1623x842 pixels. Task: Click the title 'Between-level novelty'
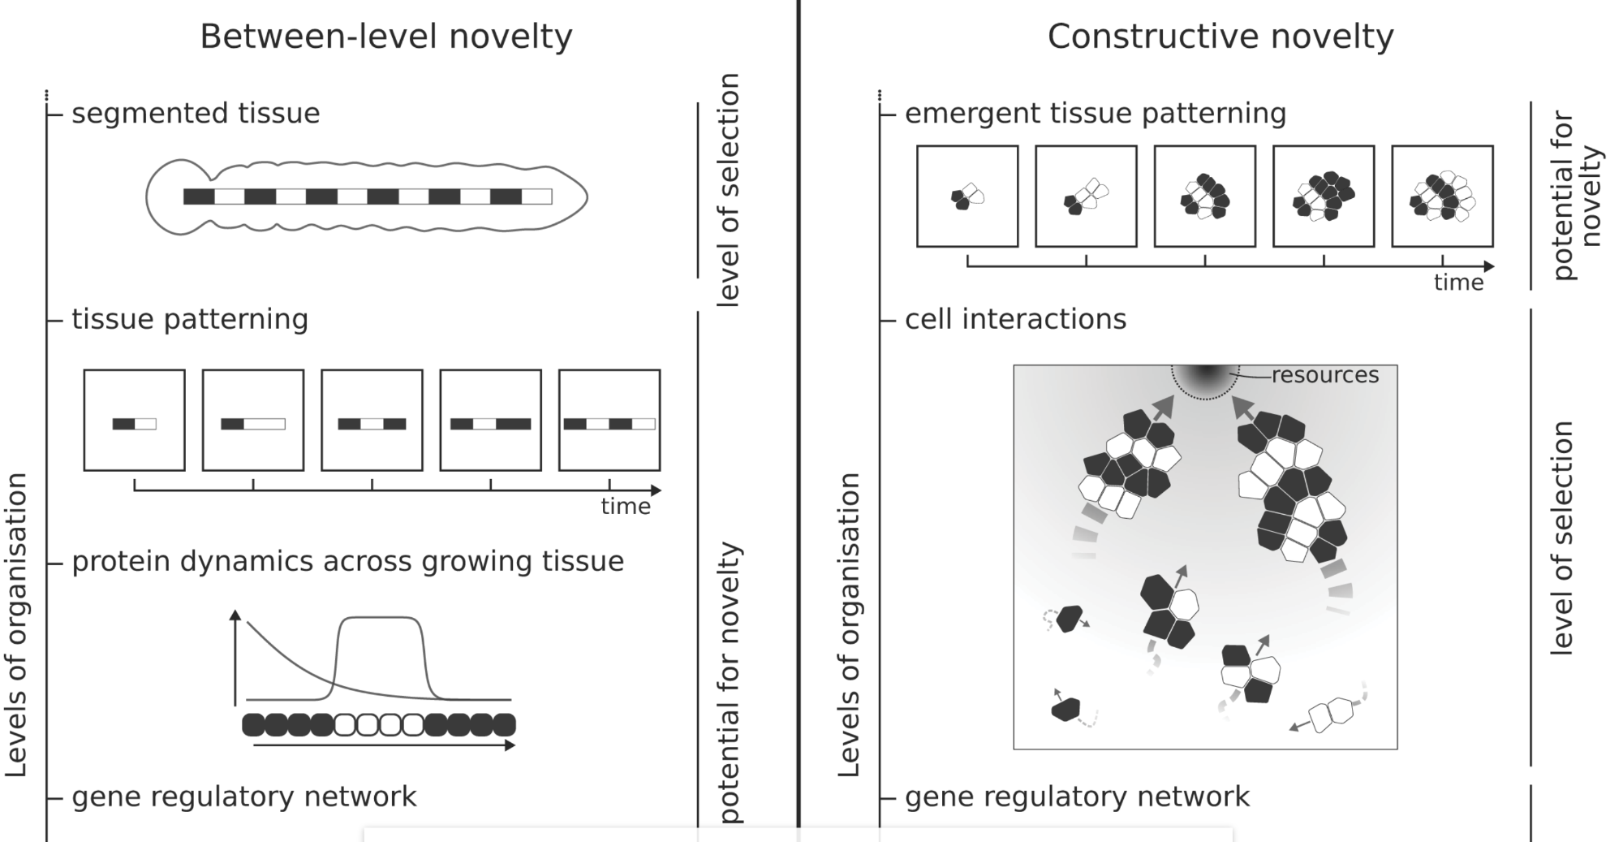tap(386, 37)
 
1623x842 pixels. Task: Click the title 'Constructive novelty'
tap(1220, 37)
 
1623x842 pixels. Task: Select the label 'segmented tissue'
tap(196, 113)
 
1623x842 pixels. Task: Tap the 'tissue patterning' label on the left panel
tap(190, 319)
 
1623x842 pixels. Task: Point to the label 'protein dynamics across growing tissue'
tap(347, 561)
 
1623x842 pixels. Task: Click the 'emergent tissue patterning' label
tap(1096, 113)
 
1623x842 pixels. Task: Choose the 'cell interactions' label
tap(1015, 319)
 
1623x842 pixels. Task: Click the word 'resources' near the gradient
tap(1324, 375)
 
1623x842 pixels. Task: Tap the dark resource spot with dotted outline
tap(1206, 379)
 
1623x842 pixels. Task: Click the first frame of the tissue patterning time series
tap(135, 421)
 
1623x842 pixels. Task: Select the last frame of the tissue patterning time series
tap(609, 421)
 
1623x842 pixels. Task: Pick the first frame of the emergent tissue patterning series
tap(967, 196)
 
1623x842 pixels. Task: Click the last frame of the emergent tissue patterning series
tap(1442, 196)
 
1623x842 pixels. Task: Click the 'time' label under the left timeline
tap(625, 507)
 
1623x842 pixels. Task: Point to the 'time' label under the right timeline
tap(1458, 283)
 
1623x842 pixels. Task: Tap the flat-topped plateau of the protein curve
tap(380, 619)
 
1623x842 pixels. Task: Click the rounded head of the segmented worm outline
tap(173, 197)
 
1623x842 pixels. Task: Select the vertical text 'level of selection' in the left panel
tap(729, 190)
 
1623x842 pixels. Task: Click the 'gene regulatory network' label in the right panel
tap(1077, 797)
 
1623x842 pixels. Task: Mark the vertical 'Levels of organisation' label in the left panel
tap(16, 625)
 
